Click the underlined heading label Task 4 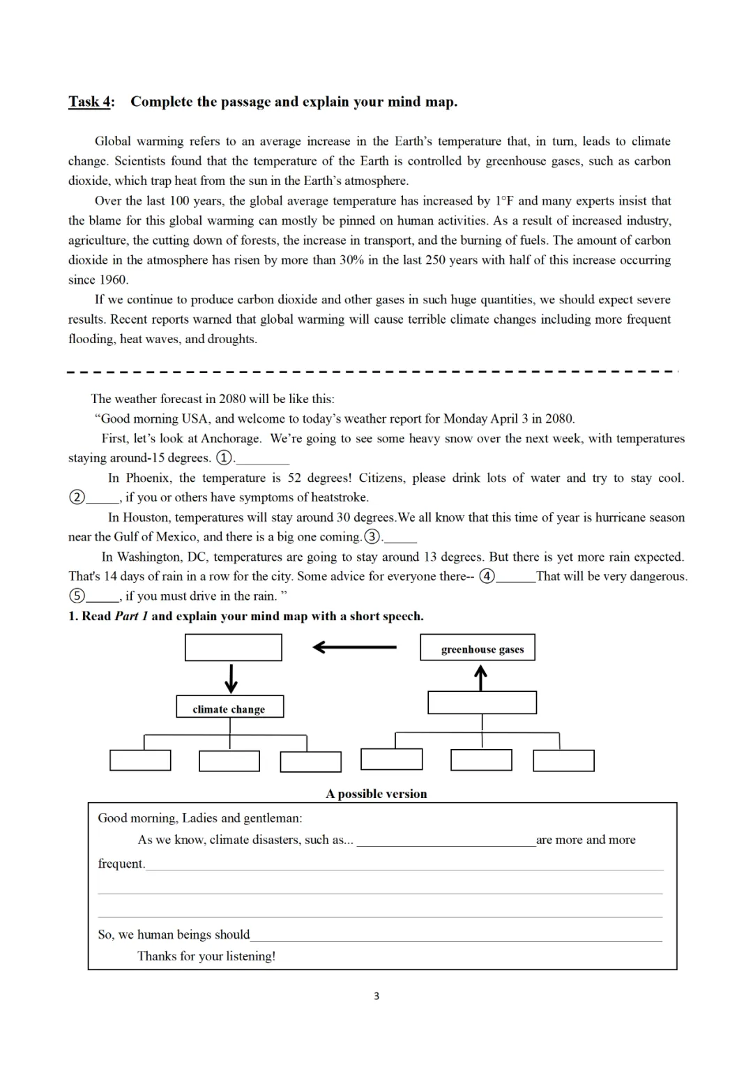pyautogui.click(x=90, y=102)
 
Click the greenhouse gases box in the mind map pyautogui.click(x=478, y=648)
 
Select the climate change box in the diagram pyautogui.click(x=229, y=707)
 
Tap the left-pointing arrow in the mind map pyautogui.click(x=354, y=647)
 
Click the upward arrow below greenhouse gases pyautogui.click(x=480, y=677)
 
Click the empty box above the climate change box pyautogui.click(x=233, y=647)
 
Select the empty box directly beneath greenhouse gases pyautogui.click(x=482, y=702)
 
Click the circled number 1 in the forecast pyautogui.click(x=224, y=458)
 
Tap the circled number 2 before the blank pyautogui.click(x=77, y=497)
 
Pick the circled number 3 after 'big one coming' pyautogui.click(x=373, y=537)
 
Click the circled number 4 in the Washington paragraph pyautogui.click(x=487, y=576)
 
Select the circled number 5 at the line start pyautogui.click(x=77, y=596)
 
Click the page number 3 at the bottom pyautogui.click(x=376, y=996)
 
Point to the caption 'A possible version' pyautogui.click(x=376, y=794)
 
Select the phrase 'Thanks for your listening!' pyautogui.click(x=206, y=956)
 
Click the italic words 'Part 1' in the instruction pyautogui.click(x=131, y=616)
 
